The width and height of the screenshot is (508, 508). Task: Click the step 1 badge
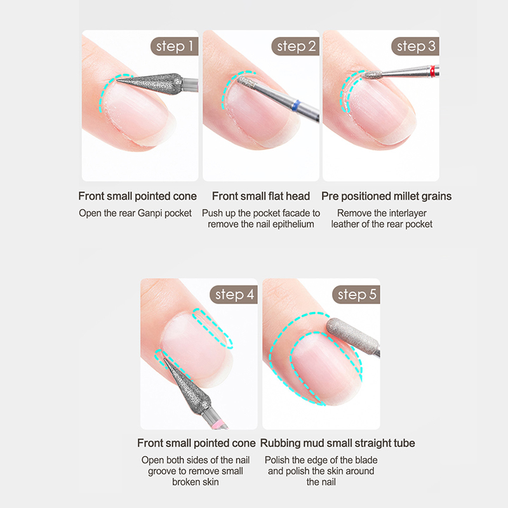coord(174,46)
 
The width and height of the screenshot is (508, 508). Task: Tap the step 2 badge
coord(295,46)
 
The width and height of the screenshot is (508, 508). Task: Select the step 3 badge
coord(415,46)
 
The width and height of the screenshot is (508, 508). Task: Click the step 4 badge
coord(234,295)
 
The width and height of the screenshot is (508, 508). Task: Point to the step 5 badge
coord(356,295)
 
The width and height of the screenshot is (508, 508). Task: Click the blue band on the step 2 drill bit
coord(296,106)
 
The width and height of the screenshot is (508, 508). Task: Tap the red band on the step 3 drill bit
coord(433,71)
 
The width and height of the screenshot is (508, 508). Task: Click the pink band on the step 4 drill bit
coord(218,422)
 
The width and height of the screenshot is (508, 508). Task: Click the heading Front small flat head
coord(261,196)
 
